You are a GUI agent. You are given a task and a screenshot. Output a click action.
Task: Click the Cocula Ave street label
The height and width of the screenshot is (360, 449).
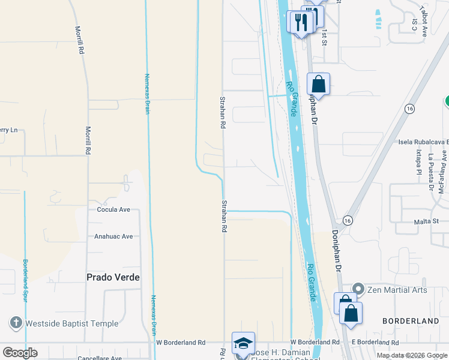[113, 210]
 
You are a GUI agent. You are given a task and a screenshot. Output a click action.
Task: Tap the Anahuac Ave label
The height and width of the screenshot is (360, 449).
[113, 236]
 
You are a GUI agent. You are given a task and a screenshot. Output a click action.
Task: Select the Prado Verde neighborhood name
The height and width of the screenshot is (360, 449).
[113, 277]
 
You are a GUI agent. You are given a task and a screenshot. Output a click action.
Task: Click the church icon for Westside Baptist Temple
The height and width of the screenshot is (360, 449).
[16, 323]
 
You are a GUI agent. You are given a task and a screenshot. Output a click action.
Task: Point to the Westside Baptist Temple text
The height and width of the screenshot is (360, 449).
[72, 323]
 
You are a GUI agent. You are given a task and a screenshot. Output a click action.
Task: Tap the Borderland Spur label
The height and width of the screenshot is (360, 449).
[26, 280]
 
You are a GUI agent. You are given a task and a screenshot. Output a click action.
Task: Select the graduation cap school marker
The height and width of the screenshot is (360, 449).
[243, 343]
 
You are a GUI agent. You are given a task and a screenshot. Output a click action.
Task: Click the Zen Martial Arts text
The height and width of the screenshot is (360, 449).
[397, 290]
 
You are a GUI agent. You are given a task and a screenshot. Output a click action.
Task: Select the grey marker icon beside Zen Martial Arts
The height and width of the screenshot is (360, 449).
[358, 289]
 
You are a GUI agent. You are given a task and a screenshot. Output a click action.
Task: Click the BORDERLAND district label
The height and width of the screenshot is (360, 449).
[411, 321]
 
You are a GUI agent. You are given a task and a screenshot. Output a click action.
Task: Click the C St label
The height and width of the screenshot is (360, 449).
[414, 23]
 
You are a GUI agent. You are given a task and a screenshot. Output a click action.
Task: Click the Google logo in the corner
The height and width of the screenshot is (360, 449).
[20, 353]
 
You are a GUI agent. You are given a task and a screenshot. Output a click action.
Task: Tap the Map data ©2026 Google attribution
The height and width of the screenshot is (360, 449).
[411, 355]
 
